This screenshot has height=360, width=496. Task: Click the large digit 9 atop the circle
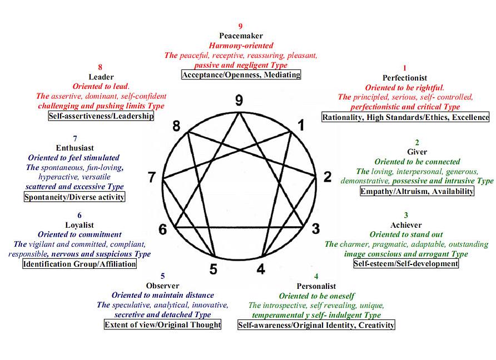(239, 100)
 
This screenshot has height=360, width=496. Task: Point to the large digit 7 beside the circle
(151, 178)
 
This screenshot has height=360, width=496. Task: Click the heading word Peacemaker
(241, 36)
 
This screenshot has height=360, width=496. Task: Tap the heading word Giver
(417, 152)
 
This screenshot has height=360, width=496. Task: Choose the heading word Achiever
(406, 225)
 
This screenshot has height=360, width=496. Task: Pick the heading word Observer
(162, 286)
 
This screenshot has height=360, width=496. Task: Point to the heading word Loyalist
(79, 225)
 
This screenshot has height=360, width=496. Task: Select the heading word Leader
(101, 77)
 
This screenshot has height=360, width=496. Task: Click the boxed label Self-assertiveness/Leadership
(101, 116)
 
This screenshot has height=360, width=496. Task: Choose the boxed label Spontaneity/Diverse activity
(75, 196)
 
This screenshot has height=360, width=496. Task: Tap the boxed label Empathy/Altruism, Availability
(417, 191)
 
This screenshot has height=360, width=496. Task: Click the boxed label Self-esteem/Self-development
(406, 263)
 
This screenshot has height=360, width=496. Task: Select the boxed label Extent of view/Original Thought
(162, 324)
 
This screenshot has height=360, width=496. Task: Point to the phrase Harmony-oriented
(241, 46)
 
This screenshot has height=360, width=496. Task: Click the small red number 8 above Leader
(100, 67)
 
